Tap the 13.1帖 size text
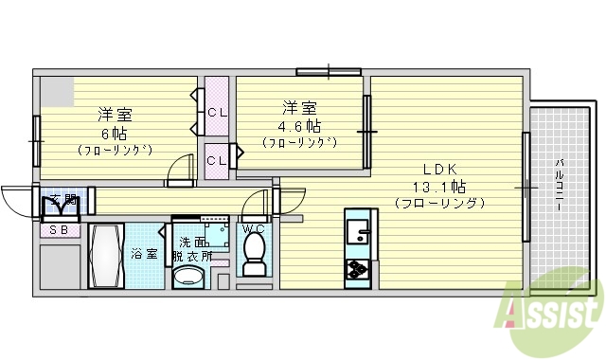(438, 185)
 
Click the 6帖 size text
(116, 134)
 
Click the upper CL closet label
(217, 113)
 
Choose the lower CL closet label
(217, 160)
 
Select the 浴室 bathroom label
(143, 253)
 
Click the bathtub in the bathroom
(106, 257)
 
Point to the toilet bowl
(253, 251)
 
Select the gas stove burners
(359, 269)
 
